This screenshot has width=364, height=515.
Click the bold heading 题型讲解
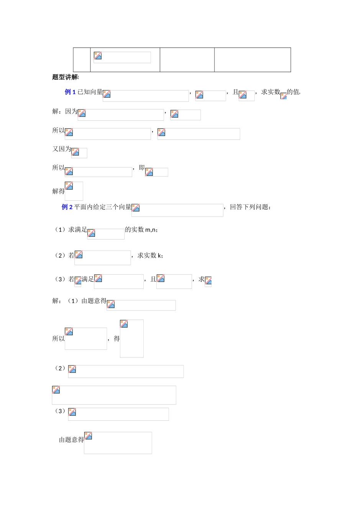coord(65,77)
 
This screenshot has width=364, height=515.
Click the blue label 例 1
coord(70,92)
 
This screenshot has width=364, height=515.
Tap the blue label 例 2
coord(67,207)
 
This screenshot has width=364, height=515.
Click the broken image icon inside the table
coord(98,56)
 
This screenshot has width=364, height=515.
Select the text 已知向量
coord(90,92)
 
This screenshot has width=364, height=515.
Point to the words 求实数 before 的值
coord(271,92)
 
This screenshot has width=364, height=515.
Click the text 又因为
coord(62,149)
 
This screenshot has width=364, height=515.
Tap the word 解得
coord(58,191)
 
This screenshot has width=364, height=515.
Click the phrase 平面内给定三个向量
coord(103,207)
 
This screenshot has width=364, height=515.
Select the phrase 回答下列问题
coord(250,207)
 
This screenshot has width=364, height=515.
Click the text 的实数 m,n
coord(141,230)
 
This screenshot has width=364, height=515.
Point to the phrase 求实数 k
coord(150,256)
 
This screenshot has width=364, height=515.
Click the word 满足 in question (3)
coord(88,279)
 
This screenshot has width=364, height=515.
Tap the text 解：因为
coord(65,111)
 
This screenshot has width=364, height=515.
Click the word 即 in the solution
coord(142,167)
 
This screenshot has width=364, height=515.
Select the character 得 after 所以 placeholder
coord(116,338)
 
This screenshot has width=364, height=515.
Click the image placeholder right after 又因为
coord(79,153)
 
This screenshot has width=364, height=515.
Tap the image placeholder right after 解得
coord(74,191)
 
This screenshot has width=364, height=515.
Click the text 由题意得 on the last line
coord(71,440)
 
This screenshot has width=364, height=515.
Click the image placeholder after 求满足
coord(106,234)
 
